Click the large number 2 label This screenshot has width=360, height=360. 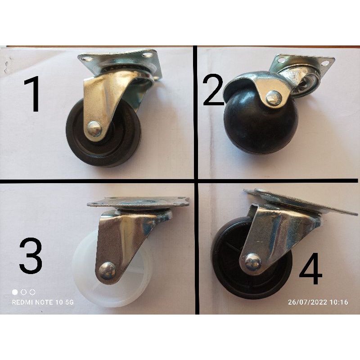[213, 90]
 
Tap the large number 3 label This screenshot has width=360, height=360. [31, 257]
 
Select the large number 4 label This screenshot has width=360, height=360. [310, 270]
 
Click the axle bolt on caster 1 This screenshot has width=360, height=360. [94, 129]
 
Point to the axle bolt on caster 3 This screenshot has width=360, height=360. [107, 271]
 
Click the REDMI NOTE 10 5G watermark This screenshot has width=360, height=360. [43, 302]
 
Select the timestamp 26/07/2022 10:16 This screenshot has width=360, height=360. [318, 302]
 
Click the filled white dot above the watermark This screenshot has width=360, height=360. [15, 292]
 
